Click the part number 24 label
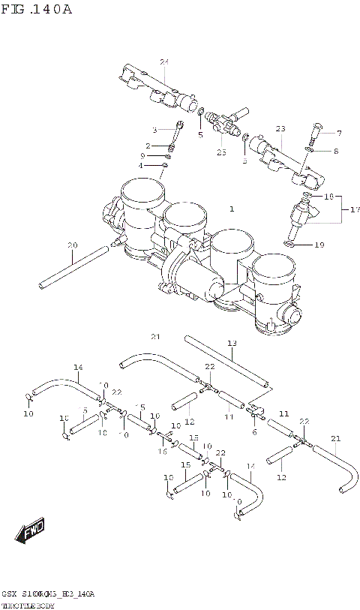click(x=163, y=61)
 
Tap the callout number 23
click(x=280, y=129)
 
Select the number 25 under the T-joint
click(x=221, y=152)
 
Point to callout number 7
click(x=338, y=134)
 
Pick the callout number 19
click(x=319, y=245)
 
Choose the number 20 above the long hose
click(x=72, y=245)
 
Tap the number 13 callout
click(x=232, y=343)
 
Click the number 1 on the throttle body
click(x=232, y=209)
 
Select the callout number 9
click(x=152, y=155)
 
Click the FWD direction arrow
click(x=32, y=533)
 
